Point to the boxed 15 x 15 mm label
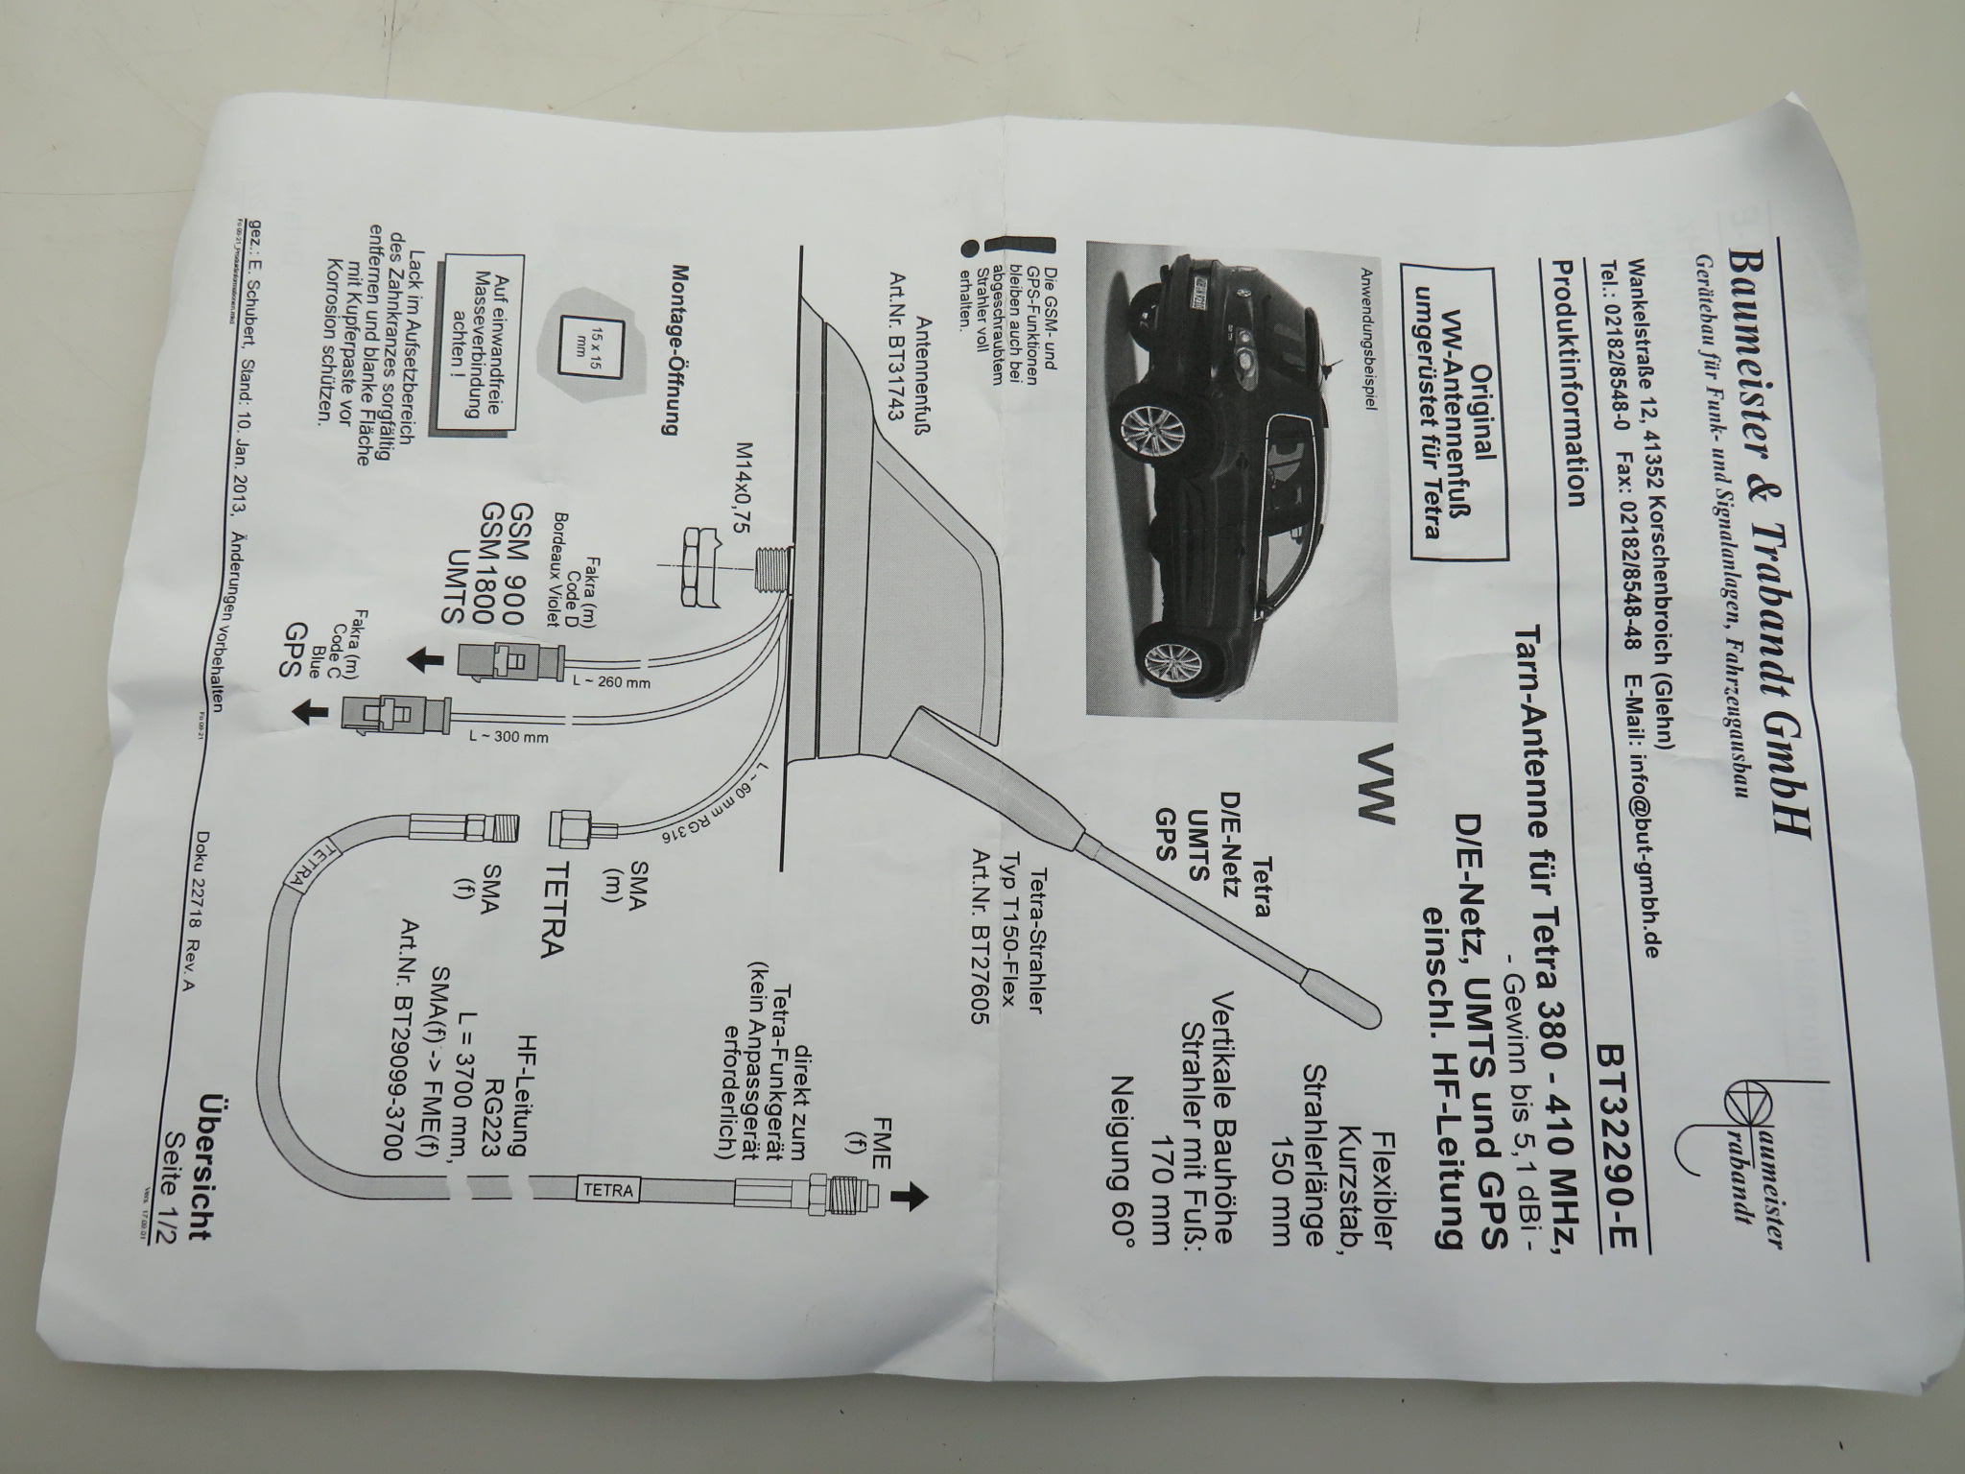(590, 345)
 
